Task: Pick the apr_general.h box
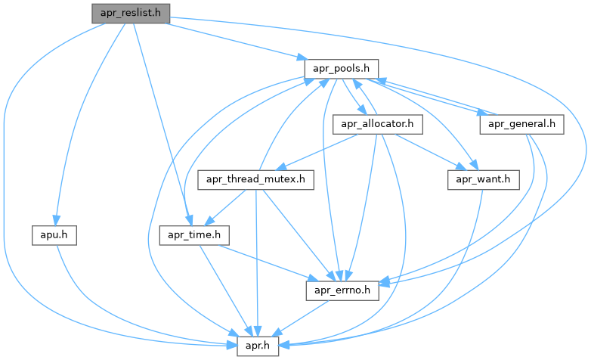521,123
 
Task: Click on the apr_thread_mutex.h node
255,179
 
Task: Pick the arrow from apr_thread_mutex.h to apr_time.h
230,206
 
